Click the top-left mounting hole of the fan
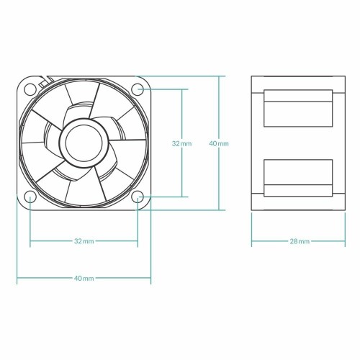30,89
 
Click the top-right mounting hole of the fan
138,89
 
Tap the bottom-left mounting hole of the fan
30,197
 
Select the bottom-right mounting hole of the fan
138,197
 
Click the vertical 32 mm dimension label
181,144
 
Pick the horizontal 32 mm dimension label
84,240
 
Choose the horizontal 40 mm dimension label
84,278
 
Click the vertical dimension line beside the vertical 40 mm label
219,108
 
